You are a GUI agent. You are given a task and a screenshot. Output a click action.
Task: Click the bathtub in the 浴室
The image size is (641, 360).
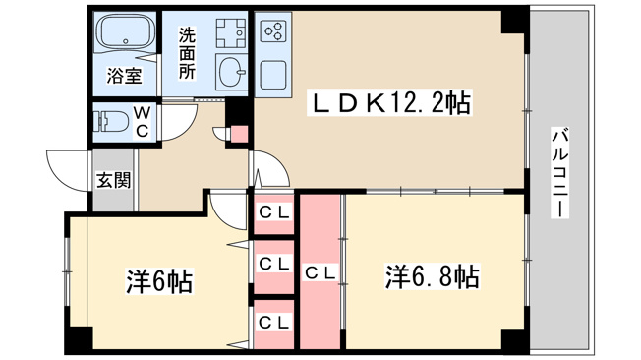(126, 32)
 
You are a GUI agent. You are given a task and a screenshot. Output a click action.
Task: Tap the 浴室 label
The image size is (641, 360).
(124, 76)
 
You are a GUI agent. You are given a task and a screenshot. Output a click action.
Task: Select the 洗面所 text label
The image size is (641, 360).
(187, 53)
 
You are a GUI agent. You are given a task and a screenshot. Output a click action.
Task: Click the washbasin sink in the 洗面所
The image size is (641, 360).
(232, 72)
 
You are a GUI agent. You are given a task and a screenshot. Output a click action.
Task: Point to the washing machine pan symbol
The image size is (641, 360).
(231, 33)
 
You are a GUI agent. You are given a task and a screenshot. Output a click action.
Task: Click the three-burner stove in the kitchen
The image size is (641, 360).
(273, 31)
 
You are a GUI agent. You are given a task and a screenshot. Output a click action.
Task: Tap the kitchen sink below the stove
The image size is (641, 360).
(273, 75)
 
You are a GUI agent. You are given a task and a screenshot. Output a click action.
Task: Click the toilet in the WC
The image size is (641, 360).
(109, 121)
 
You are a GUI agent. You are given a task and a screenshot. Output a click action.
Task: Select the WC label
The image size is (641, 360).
(142, 122)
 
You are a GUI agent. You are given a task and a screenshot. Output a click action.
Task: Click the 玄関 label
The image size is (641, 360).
(113, 180)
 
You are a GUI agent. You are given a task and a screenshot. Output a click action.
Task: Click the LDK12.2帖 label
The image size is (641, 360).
(390, 102)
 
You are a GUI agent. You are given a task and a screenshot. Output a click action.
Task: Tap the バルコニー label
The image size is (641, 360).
(560, 173)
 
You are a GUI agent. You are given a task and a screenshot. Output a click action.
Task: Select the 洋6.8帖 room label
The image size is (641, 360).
(433, 277)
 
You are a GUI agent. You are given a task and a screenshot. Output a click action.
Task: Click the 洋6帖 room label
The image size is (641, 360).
(159, 281)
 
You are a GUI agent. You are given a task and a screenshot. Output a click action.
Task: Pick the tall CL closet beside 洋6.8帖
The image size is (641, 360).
(320, 271)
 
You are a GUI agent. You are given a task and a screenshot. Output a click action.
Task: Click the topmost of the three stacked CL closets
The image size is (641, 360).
(274, 212)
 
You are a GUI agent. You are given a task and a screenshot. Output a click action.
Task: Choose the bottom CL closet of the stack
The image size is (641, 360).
(274, 325)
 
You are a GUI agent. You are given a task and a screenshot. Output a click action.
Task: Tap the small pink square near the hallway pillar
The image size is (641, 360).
(240, 134)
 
